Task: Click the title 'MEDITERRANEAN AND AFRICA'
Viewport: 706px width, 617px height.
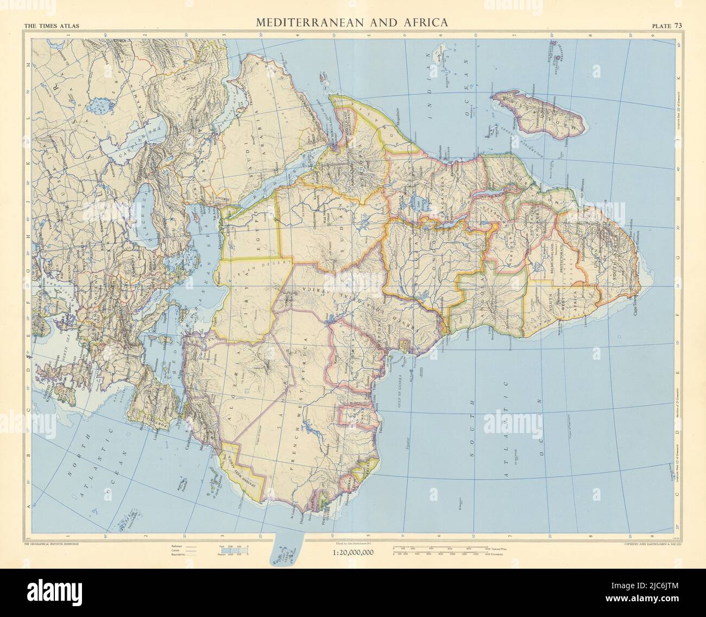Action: tap(352, 23)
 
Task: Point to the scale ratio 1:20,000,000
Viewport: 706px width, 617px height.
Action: tap(352, 553)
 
